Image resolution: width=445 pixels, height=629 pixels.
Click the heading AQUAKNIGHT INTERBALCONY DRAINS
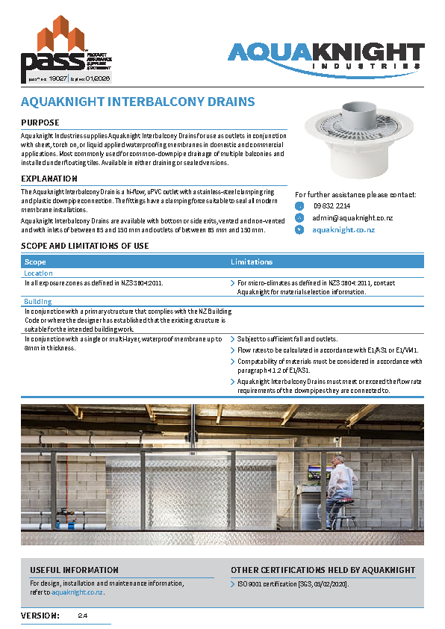(138, 102)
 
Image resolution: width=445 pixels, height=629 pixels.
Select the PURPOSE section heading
(40, 123)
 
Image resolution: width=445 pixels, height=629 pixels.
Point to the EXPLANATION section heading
(49, 179)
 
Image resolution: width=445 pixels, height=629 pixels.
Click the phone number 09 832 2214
(332, 205)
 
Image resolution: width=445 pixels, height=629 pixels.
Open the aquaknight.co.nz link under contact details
(343, 230)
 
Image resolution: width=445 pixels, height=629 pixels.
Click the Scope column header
(36, 262)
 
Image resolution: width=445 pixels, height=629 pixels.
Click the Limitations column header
(252, 262)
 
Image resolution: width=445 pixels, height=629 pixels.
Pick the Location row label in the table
(39, 273)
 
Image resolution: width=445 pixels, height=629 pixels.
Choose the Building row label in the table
(38, 301)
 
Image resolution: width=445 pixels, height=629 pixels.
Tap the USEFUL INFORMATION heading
(74, 570)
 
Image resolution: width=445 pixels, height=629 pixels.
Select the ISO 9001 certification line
(293, 583)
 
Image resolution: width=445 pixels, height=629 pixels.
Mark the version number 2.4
(83, 616)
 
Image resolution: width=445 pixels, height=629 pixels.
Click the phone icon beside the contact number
(300, 205)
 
